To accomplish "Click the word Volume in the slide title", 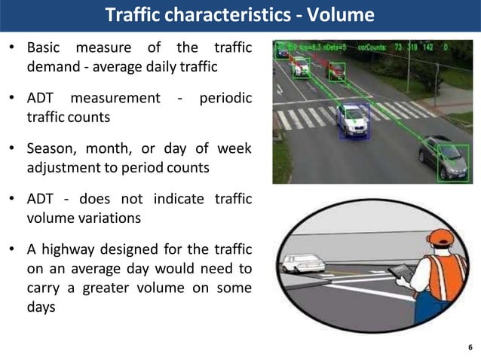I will [344, 14].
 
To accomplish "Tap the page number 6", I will [470, 347].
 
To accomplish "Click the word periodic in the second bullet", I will [225, 99].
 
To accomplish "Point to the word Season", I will [51, 148].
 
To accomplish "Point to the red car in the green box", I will [335, 71].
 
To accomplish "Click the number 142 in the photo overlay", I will [429, 47].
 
